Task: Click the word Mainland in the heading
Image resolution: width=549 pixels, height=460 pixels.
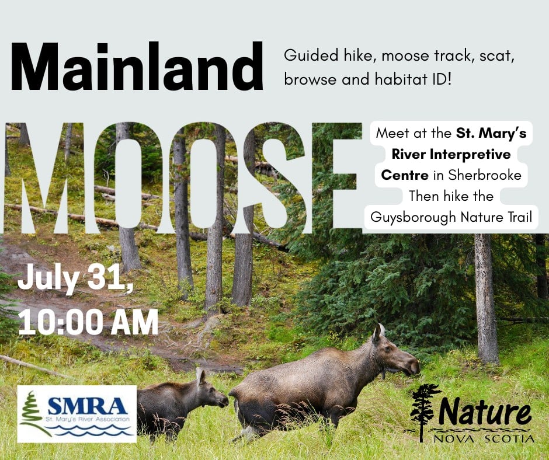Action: pyautogui.click(x=137, y=67)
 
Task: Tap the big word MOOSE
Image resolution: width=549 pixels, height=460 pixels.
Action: pyautogui.click(x=183, y=177)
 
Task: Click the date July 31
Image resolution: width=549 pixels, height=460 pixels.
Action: pyautogui.click(x=75, y=279)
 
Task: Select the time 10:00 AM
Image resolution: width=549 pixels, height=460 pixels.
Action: pyautogui.click(x=88, y=322)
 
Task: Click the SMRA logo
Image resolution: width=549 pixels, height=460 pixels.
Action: pyautogui.click(x=77, y=414)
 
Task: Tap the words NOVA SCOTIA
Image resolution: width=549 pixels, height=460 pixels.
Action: pyautogui.click(x=484, y=438)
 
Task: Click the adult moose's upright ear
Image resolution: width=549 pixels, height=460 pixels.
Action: pyautogui.click(x=378, y=333)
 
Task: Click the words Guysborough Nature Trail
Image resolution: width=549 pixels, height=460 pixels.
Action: pyautogui.click(x=451, y=217)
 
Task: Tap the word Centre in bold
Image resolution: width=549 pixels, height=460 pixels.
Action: pyautogui.click(x=404, y=175)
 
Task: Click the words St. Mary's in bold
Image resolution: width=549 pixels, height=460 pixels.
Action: pyautogui.click(x=491, y=133)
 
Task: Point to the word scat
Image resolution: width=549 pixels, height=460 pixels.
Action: pyautogui.click(x=496, y=56)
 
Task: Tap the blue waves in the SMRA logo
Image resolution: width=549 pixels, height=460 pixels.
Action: pyautogui.click(x=92, y=430)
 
